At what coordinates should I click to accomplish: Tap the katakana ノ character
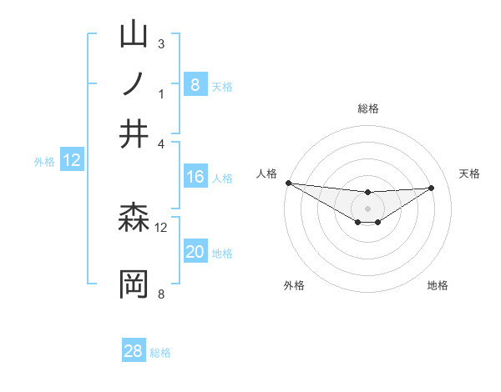tap(134, 84)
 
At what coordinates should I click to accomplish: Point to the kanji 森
tap(134, 219)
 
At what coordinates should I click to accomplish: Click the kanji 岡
tap(134, 284)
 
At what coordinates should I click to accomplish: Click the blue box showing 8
tap(195, 85)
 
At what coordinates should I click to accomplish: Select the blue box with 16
tap(195, 177)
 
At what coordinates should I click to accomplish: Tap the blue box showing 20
tap(195, 253)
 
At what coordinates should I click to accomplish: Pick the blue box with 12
tap(72, 161)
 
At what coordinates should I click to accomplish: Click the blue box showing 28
tap(134, 351)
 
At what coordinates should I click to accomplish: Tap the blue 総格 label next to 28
tap(160, 353)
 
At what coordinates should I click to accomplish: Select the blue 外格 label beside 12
tap(44, 162)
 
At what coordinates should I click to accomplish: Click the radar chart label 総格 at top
tap(368, 108)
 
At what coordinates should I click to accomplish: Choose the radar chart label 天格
tap(470, 173)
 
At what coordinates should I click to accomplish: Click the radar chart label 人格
tap(266, 173)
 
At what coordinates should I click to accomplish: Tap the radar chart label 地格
tap(438, 286)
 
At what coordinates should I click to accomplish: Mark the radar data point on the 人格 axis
tap(288, 183)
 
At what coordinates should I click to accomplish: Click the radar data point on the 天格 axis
tap(432, 188)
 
